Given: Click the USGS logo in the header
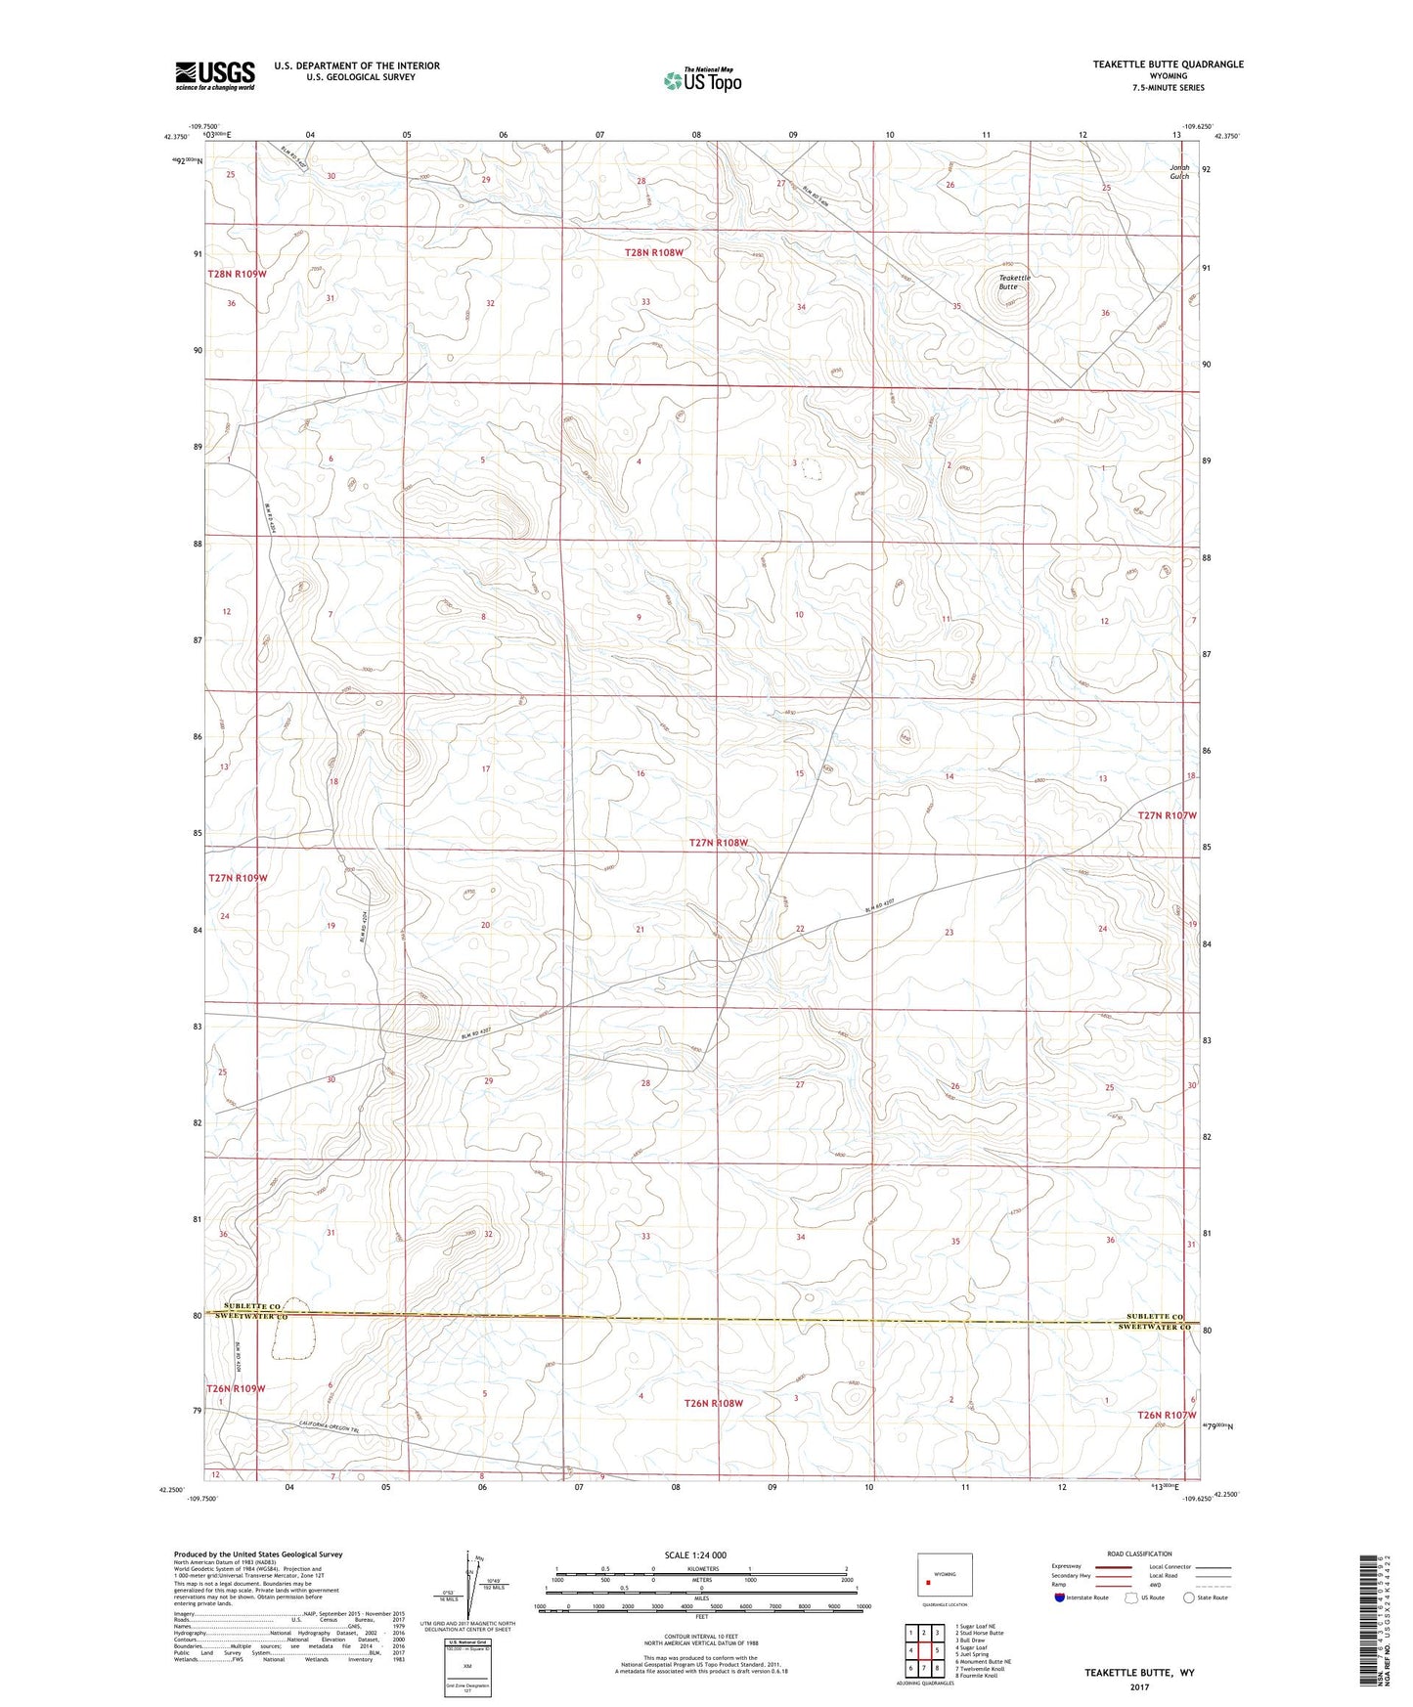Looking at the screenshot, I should [214, 75].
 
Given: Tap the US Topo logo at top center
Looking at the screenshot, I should [700, 80].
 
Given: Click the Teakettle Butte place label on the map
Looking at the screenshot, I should [1014, 283].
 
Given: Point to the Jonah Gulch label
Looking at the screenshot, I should [1180, 171].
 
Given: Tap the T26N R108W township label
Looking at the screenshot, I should [713, 1403].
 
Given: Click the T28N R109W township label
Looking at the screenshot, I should [237, 275].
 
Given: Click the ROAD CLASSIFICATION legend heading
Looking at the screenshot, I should [1138, 1554].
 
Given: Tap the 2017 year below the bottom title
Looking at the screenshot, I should [1138, 1686].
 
